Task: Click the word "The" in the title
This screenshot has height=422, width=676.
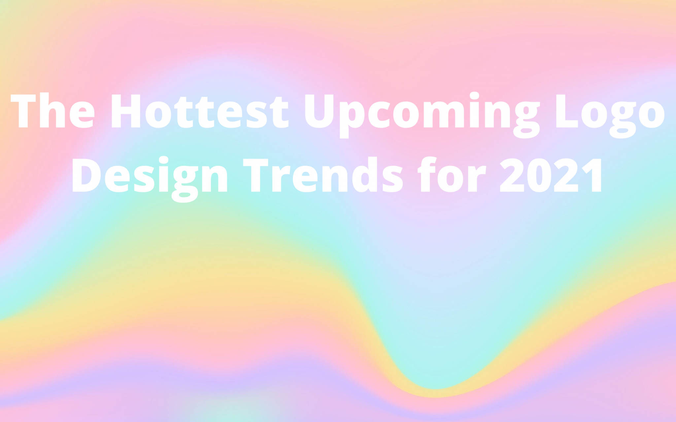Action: pos(53,111)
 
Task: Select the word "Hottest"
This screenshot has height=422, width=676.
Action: pos(200,111)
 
